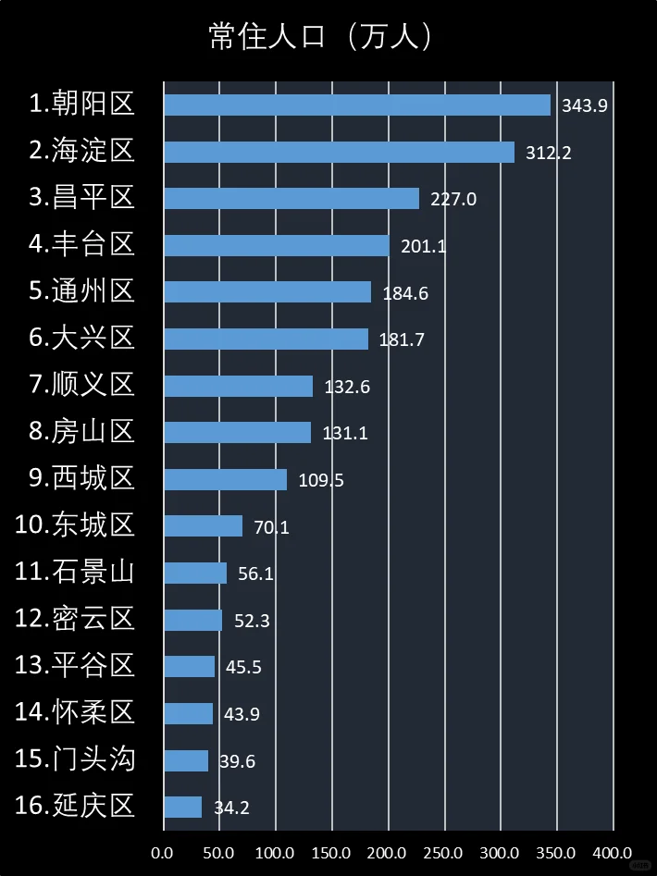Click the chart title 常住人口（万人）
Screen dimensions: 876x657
[322, 37]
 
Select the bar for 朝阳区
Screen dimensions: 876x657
[357, 105]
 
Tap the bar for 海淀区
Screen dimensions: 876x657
[339, 152]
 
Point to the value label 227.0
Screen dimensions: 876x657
[453, 199]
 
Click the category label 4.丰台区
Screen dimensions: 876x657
[82, 244]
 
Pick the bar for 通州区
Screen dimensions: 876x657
[267, 292]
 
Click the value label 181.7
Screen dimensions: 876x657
[402, 339]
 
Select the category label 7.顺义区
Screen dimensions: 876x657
[82, 385]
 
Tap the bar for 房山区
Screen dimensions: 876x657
[238, 432]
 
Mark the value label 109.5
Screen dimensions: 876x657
[321, 480]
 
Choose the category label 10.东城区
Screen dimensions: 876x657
[75, 525]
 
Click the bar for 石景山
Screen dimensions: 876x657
[195, 574]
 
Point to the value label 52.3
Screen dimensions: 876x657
[252, 621]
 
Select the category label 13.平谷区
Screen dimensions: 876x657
[75, 666]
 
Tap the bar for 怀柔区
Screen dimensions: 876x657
[189, 714]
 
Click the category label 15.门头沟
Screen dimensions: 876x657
[75, 759]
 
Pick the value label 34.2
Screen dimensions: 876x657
[231, 808]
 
